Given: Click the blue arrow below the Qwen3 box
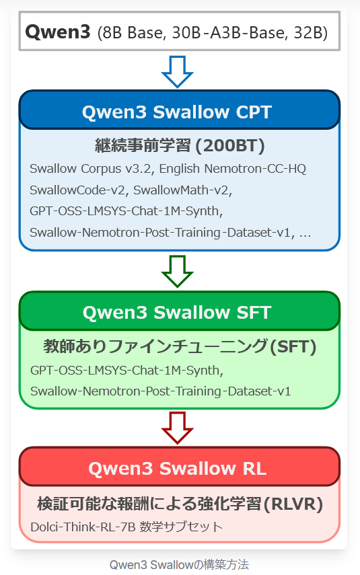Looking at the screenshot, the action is pyautogui.click(x=177, y=71).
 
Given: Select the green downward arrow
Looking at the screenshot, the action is pyautogui.click(x=177, y=272).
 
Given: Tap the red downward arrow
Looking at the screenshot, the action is pyautogui.click(x=177, y=428).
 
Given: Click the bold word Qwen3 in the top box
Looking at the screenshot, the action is pyautogui.click(x=58, y=32).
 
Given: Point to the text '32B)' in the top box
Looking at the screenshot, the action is pyautogui.click(x=310, y=33).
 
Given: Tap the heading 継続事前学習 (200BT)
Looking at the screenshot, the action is pyautogui.click(x=180, y=145).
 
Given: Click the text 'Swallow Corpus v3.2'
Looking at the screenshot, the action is pyautogui.click(x=90, y=169).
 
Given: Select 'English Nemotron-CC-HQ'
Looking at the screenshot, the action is pyautogui.click(x=232, y=169).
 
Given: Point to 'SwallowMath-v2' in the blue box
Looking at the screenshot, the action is pyautogui.click(x=181, y=190).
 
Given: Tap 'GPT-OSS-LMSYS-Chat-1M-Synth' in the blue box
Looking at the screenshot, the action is pyautogui.click(x=124, y=211).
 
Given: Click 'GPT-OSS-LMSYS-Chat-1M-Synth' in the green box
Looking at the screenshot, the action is pyautogui.click(x=125, y=371).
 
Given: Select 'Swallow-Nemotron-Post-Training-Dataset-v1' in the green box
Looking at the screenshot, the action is pyautogui.click(x=161, y=391).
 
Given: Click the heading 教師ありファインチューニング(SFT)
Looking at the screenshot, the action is pyautogui.click(x=180, y=346).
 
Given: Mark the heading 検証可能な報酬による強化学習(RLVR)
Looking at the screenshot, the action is pyautogui.click(x=180, y=504).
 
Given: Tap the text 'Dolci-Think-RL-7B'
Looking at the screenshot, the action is pyautogui.click(x=83, y=527).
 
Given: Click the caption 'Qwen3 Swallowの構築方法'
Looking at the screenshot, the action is pyautogui.click(x=179, y=564).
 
